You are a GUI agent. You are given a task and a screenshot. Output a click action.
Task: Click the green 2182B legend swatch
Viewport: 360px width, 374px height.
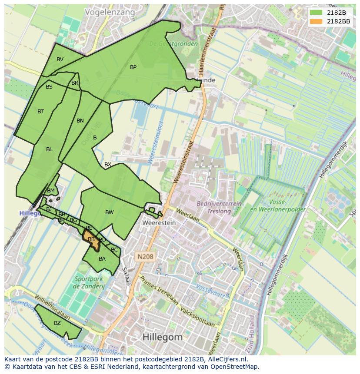316,13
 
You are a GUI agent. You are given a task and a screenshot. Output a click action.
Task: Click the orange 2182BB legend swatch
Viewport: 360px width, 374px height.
316,21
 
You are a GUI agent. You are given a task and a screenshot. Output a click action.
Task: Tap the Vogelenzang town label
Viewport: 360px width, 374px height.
110,12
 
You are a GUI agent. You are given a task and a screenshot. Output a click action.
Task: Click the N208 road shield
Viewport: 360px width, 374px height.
144,257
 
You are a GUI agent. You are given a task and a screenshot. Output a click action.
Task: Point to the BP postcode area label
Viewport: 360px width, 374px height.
133,67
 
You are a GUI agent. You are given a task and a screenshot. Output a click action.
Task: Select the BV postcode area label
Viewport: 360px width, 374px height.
60,60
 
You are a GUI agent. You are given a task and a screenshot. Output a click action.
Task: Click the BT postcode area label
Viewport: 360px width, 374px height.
40,112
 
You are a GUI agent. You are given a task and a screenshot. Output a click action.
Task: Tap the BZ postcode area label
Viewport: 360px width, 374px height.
57,323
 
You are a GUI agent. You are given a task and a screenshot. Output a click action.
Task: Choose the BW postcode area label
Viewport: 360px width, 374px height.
109,212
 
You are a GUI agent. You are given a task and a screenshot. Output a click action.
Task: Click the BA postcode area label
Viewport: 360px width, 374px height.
102,259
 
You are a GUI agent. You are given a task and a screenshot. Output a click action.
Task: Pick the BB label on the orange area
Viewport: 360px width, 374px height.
91,239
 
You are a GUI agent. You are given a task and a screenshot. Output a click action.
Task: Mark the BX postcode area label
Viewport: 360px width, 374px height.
108,165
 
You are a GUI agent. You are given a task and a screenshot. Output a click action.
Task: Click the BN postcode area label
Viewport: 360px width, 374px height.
80,121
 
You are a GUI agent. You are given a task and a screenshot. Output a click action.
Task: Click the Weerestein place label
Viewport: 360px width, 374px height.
159,223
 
